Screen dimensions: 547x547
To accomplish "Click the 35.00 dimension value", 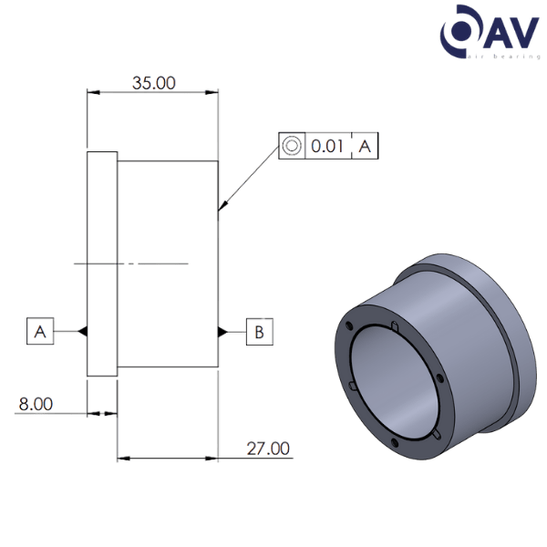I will (x=153, y=83).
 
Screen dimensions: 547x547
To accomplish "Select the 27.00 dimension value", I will (x=267, y=448).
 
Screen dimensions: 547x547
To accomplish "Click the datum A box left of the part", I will (x=39, y=331).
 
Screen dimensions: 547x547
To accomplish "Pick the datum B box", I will (x=259, y=332).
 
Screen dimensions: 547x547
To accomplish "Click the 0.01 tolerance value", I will (x=327, y=145).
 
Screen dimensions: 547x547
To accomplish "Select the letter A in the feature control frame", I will (x=365, y=145).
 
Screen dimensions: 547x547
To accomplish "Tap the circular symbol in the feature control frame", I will (x=292, y=145).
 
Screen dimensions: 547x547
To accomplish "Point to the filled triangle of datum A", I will (x=83, y=332).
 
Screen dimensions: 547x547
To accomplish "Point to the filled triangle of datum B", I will (x=221, y=332).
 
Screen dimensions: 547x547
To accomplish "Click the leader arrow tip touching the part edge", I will (x=220, y=215).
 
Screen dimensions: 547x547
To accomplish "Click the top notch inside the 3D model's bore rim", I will (x=391, y=327).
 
